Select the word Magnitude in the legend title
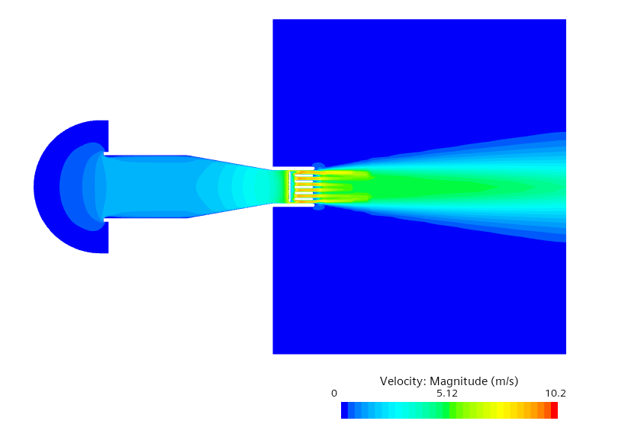[459, 381]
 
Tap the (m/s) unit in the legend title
[505, 381]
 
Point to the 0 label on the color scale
[334, 394]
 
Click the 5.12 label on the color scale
[447, 394]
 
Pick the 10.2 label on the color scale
[556, 394]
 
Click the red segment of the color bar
[554, 410]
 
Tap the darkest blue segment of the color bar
[344, 410]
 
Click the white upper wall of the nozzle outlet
[293, 168]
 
